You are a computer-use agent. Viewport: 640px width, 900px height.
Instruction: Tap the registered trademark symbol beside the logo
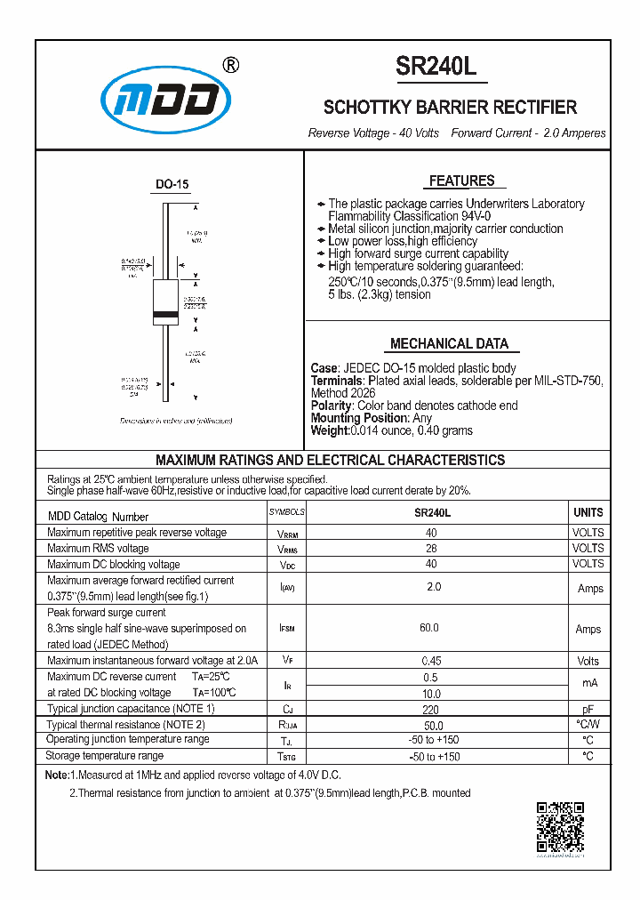point(229,65)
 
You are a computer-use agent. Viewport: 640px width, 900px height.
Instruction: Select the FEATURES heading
point(461,181)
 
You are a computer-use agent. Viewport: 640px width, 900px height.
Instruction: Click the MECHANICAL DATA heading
point(449,344)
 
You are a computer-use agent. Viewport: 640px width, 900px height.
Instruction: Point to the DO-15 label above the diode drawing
point(172,185)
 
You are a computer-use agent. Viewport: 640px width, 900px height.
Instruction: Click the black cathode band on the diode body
point(165,315)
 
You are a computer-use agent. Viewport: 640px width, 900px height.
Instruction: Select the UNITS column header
point(588,513)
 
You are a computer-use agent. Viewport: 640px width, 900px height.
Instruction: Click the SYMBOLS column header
point(286,513)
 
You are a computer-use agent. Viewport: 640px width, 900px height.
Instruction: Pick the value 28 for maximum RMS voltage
point(432,549)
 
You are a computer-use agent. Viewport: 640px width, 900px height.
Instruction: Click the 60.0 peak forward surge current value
point(429,628)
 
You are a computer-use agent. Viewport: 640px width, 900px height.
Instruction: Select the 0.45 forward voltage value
point(432,661)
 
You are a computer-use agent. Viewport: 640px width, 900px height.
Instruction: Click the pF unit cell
point(588,709)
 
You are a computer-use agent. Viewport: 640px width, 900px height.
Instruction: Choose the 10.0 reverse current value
point(431,693)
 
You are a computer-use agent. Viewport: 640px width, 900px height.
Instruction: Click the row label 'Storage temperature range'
point(105,756)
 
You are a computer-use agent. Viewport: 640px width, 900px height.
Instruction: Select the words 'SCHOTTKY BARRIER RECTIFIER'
point(450,108)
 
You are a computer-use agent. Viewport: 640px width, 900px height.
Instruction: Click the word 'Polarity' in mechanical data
point(332,406)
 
